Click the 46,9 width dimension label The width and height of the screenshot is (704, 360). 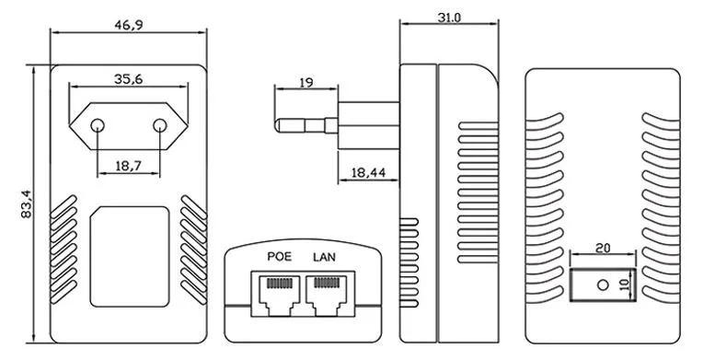(x=129, y=25)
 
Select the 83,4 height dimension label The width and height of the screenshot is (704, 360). (x=27, y=204)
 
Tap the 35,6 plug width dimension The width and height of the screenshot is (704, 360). (x=129, y=79)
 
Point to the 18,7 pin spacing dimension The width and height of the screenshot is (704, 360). (x=129, y=166)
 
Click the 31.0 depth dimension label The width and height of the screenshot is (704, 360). (x=449, y=17)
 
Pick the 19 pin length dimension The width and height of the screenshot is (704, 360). (x=306, y=83)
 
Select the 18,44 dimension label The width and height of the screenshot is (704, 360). (x=369, y=172)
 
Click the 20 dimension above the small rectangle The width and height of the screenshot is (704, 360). (x=603, y=248)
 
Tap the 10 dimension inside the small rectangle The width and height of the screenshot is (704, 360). (x=625, y=285)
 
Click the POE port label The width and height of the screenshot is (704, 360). (x=279, y=257)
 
